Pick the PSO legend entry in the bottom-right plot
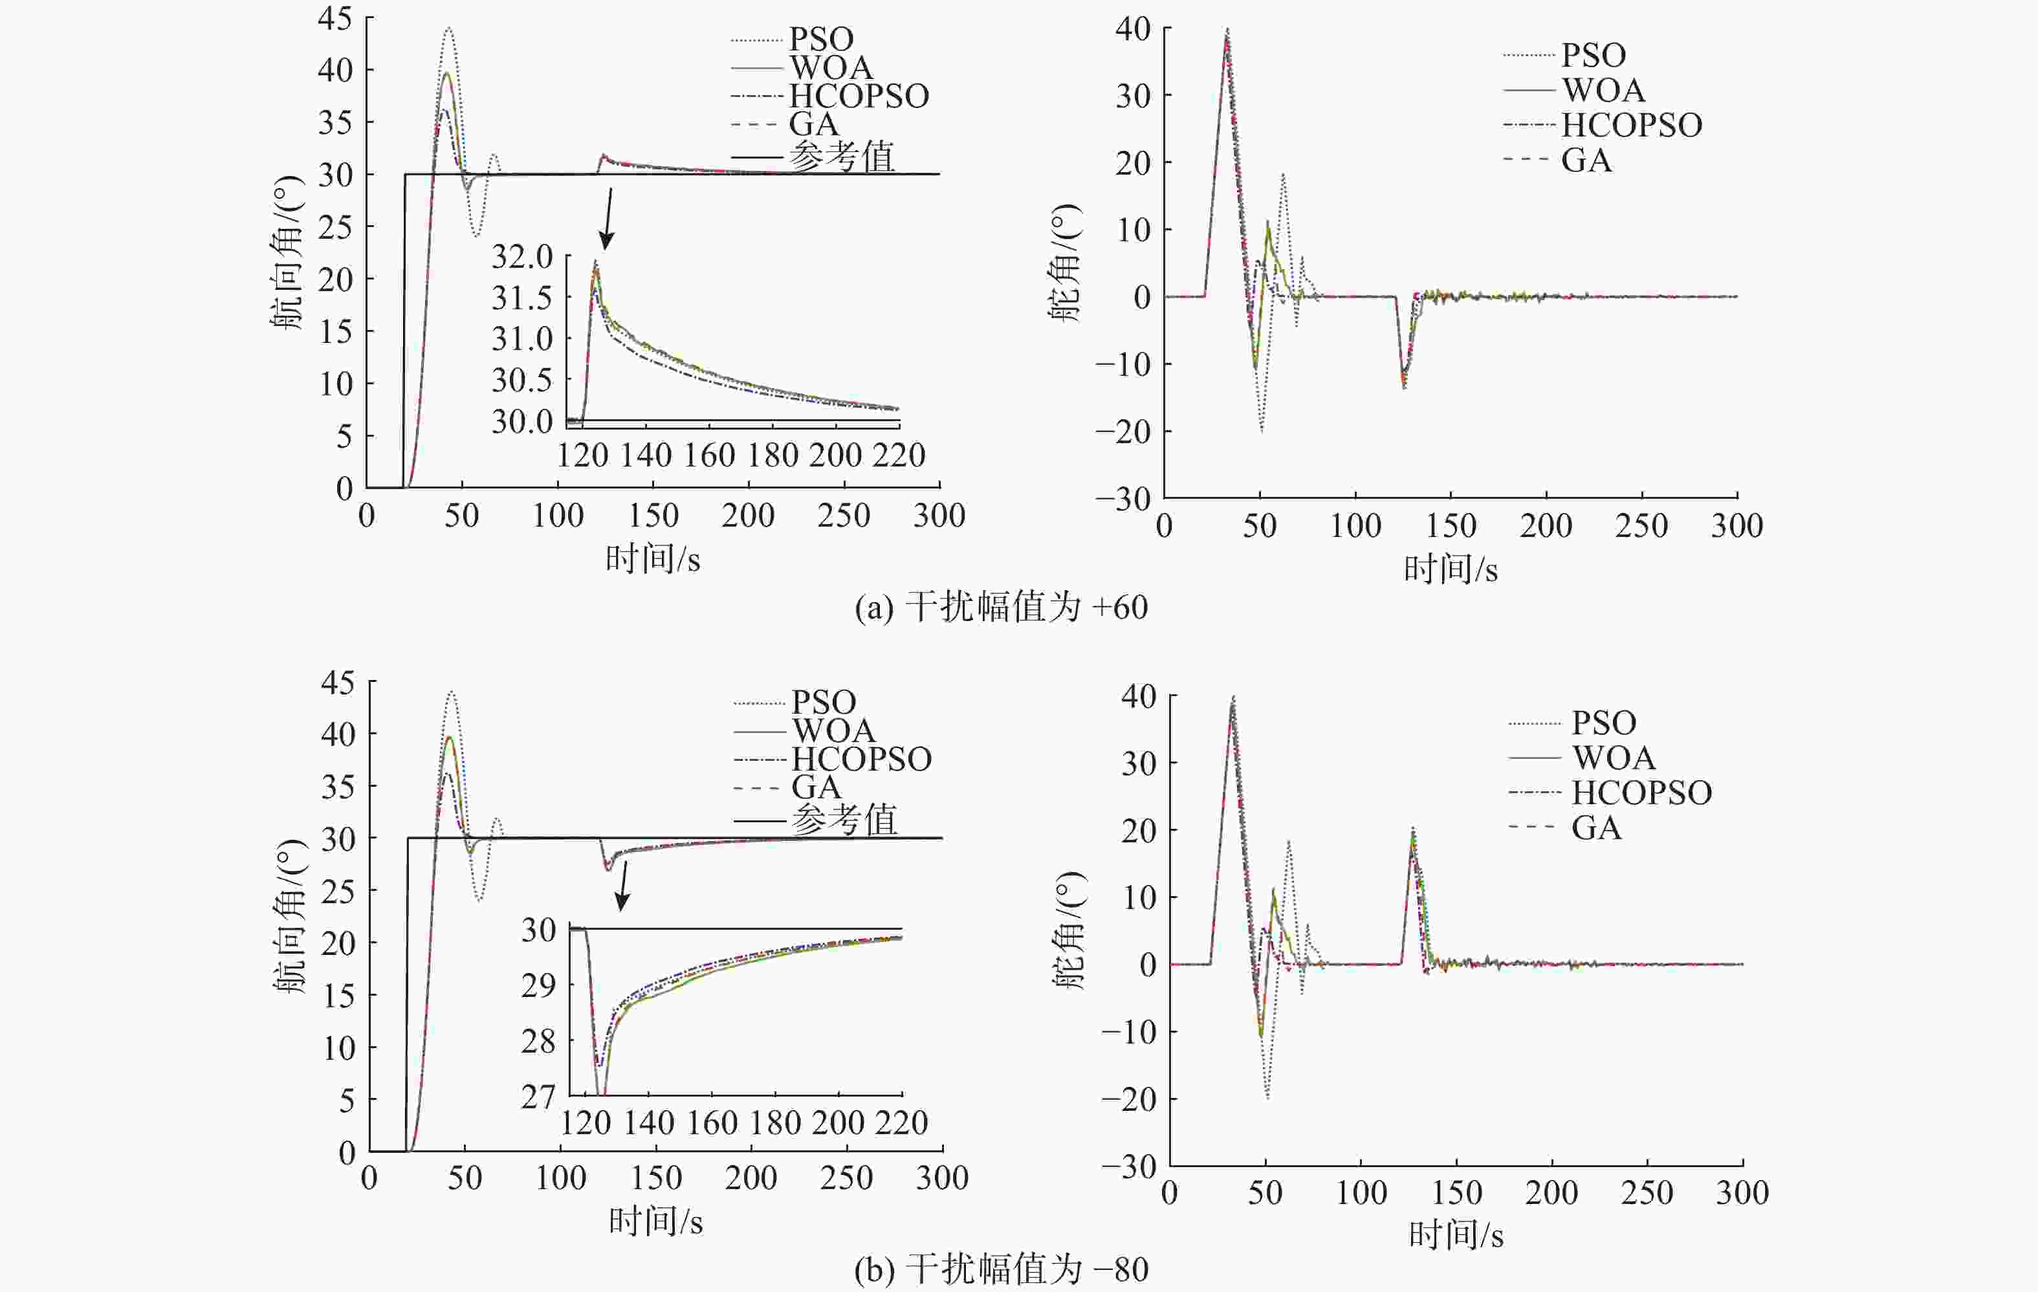pos(1604,723)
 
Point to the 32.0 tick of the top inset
pos(521,256)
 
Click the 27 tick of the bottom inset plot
pos(538,1097)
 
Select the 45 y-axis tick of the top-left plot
pos(335,17)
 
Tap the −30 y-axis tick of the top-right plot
pos(1123,498)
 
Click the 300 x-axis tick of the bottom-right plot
pos(1742,1192)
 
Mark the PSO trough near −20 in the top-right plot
pos(1261,430)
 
